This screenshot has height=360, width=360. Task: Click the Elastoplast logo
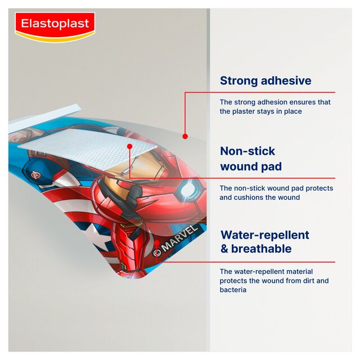(55, 25)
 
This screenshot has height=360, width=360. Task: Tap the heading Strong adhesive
(265, 80)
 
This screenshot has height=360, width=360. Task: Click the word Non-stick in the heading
(247, 151)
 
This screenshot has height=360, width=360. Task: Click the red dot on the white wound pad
(129, 146)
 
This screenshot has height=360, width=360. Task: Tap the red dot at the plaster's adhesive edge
(184, 136)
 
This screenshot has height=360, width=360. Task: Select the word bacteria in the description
(233, 290)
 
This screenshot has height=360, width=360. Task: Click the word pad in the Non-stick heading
(270, 166)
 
